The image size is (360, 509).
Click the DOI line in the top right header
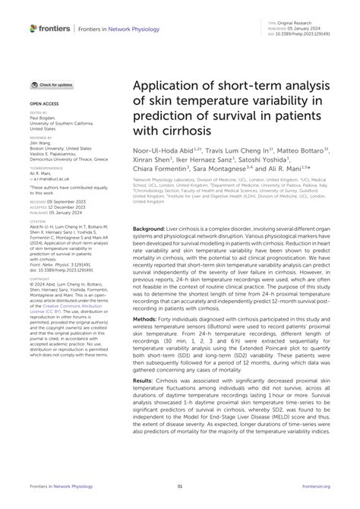(x=299, y=35)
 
